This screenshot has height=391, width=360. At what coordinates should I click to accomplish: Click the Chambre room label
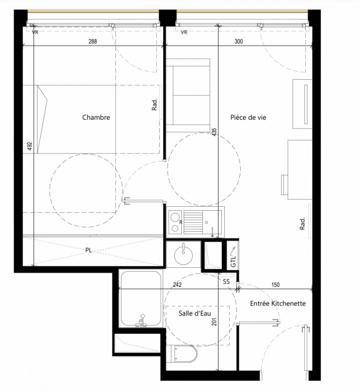[x=96, y=117]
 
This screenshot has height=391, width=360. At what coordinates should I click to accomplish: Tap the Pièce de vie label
[x=248, y=117]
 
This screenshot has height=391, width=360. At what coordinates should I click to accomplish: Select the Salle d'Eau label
[x=194, y=313]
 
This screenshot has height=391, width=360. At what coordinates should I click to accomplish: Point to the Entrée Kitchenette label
[x=278, y=304]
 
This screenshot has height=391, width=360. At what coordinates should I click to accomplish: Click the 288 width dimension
[x=93, y=42]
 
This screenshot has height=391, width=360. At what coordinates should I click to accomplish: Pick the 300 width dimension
[x=238, y=42]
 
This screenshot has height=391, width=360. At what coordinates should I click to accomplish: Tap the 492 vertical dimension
[x=30, y=146]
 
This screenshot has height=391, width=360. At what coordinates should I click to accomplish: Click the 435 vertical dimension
[x=214, y=132]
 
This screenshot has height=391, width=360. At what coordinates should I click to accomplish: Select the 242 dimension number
[x=177, y=285]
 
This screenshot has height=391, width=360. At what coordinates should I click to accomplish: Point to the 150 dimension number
[x=275, y=285]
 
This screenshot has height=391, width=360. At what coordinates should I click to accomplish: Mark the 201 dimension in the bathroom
[x=214, y=322]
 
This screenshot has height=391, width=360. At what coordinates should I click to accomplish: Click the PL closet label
[x=88, y=250]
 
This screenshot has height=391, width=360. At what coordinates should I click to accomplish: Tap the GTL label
[x=233, y=261]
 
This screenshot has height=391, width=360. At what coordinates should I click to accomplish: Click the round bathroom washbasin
[x=183, y=256]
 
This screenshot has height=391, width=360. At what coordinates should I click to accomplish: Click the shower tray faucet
[x=142, y=321]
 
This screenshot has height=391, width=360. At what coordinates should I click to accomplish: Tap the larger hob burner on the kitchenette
[x=175, y=217]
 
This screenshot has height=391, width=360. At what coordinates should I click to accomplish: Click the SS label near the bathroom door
[x=226, y=282]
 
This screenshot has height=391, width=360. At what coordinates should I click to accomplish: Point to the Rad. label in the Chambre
[x=154, y=105]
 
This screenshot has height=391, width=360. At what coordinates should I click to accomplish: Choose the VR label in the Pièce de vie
[x=184, y=32]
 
